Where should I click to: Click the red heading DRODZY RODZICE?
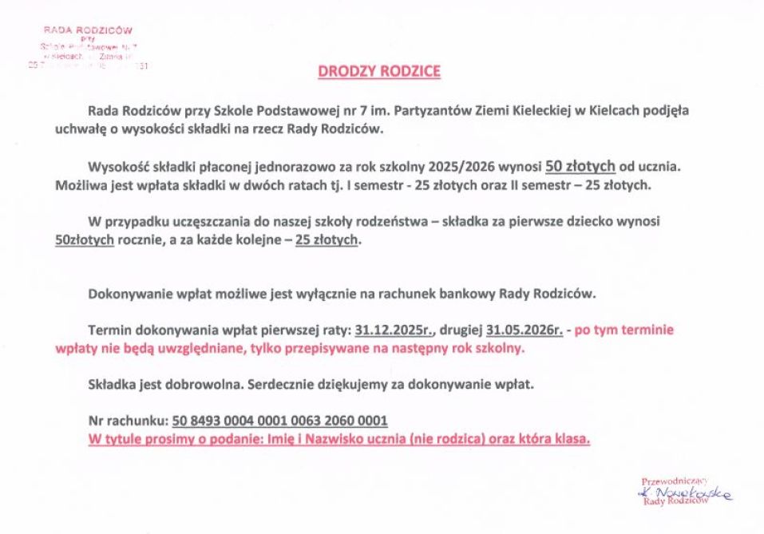pos(379,72)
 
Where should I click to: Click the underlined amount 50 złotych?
pos(580,166)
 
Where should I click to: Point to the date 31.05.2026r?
pos(525,329)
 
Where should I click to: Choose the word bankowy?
pos(465,293)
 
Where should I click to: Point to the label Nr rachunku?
pos(129,420)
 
